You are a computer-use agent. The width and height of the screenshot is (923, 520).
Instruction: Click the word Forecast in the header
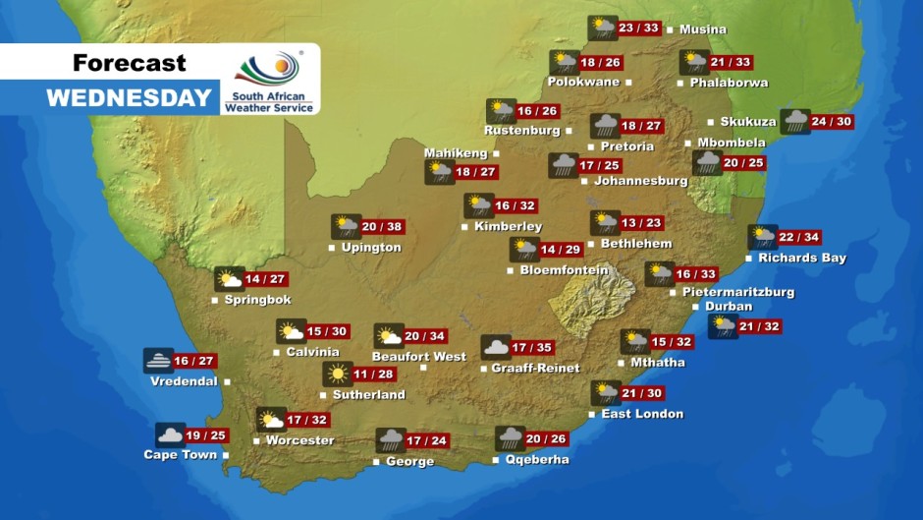(129, 63)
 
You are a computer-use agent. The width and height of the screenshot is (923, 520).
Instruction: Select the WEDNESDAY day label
(129, 98)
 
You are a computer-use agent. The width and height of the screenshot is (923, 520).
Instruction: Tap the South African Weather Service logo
(269, 81)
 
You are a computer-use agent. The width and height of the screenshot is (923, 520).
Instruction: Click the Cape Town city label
(180, 455)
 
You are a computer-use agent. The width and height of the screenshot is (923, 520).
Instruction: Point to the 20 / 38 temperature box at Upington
(383, 227)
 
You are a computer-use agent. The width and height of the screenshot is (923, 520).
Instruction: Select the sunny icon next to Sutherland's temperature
(337, 375)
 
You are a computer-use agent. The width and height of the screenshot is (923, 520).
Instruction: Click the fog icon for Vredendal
(157, 361)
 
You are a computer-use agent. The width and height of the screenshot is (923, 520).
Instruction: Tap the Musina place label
(703, 29)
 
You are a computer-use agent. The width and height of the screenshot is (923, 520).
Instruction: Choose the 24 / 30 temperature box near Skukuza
(831, 122)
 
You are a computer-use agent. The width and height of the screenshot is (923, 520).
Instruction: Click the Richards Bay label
(801, 259)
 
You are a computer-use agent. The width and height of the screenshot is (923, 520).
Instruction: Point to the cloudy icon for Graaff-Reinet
(496, 347)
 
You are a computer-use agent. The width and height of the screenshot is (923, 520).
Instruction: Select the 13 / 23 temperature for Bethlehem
(640, 223)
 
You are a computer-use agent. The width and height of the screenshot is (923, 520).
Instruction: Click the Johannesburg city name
(641, 181)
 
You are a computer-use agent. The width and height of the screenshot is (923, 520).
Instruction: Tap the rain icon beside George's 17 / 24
(391, 440)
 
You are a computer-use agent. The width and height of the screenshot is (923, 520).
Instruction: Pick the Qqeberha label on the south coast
(536, 459)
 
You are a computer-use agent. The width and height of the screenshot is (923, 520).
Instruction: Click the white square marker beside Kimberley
(464, 227)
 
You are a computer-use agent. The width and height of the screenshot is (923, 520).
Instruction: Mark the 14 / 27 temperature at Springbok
(265, 279)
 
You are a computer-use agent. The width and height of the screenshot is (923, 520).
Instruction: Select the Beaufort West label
(418, 356)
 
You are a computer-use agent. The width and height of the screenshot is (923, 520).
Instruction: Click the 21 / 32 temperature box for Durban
(760, 326)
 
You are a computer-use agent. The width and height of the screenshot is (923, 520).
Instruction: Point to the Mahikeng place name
(456, 153)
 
